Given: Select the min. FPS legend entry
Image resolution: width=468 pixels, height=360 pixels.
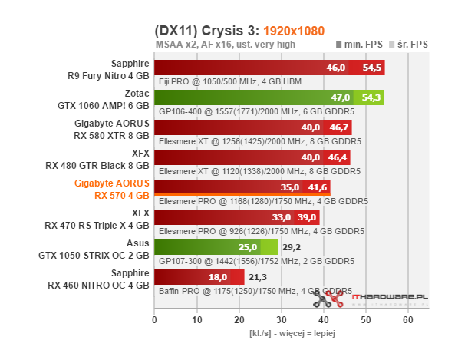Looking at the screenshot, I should (362, 45).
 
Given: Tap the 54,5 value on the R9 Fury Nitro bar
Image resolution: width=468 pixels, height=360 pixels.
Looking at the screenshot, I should (372, 68).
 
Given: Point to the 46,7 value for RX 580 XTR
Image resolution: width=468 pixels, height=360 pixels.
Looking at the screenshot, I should (339, 127).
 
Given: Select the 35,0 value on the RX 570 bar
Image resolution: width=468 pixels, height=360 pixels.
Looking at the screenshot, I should (290, 187).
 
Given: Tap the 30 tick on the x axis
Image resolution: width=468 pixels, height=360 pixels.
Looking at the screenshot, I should (282, 319).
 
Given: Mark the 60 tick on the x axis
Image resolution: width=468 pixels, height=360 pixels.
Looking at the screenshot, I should (408, 319).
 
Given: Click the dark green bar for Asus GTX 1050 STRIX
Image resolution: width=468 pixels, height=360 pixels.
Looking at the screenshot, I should (207, 247).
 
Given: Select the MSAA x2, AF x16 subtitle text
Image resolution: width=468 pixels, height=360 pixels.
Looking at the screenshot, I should (224, 45).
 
